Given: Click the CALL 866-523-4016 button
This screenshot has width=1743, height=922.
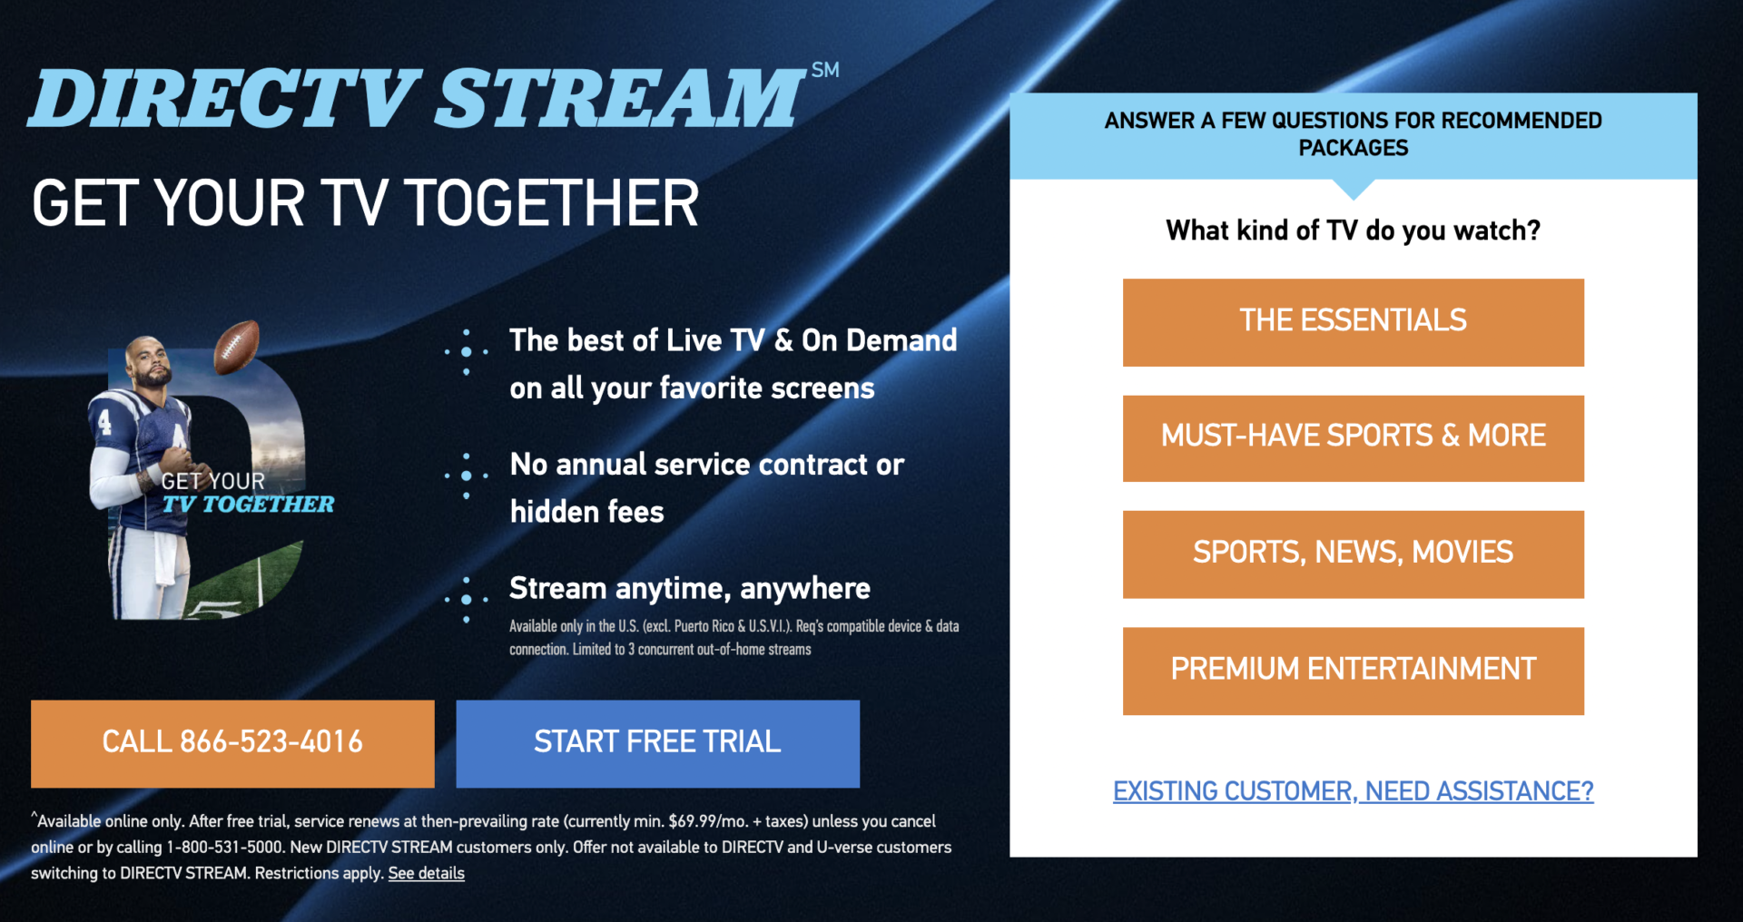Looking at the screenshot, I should point(232,742).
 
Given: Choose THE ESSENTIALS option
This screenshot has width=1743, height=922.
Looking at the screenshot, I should point(1353,321).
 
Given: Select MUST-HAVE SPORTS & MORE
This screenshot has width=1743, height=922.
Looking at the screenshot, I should point(1353,437).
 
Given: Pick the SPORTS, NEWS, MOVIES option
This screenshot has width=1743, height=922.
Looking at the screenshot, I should point(1353,554).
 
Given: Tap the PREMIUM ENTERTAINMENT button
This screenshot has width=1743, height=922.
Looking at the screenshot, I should point(1353,670).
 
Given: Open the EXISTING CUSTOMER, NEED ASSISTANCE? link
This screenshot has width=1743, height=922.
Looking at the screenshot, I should point(1353,791).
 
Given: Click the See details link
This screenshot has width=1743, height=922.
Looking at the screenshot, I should point(426,873).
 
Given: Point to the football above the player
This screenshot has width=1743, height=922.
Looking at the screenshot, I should point(237,346).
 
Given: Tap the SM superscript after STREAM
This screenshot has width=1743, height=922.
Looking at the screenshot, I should point(825,70).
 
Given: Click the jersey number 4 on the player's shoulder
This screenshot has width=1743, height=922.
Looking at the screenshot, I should point(105,422).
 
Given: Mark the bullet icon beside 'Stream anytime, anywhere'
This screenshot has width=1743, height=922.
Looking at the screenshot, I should point(467,599).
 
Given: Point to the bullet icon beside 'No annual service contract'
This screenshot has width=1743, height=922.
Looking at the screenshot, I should point(467,476).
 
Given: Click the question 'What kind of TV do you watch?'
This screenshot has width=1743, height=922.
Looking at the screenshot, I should point(1353,230).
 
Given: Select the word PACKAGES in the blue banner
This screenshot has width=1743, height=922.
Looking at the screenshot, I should point(1353,148).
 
